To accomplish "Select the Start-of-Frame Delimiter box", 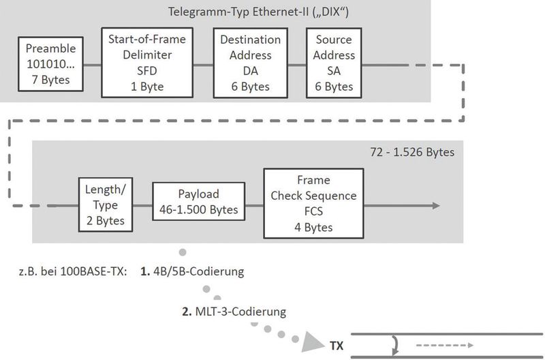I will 147,62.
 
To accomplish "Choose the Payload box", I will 197,202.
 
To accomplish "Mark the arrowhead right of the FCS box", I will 436,204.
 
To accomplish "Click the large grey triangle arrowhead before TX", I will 311,343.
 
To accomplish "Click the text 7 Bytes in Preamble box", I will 52,82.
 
